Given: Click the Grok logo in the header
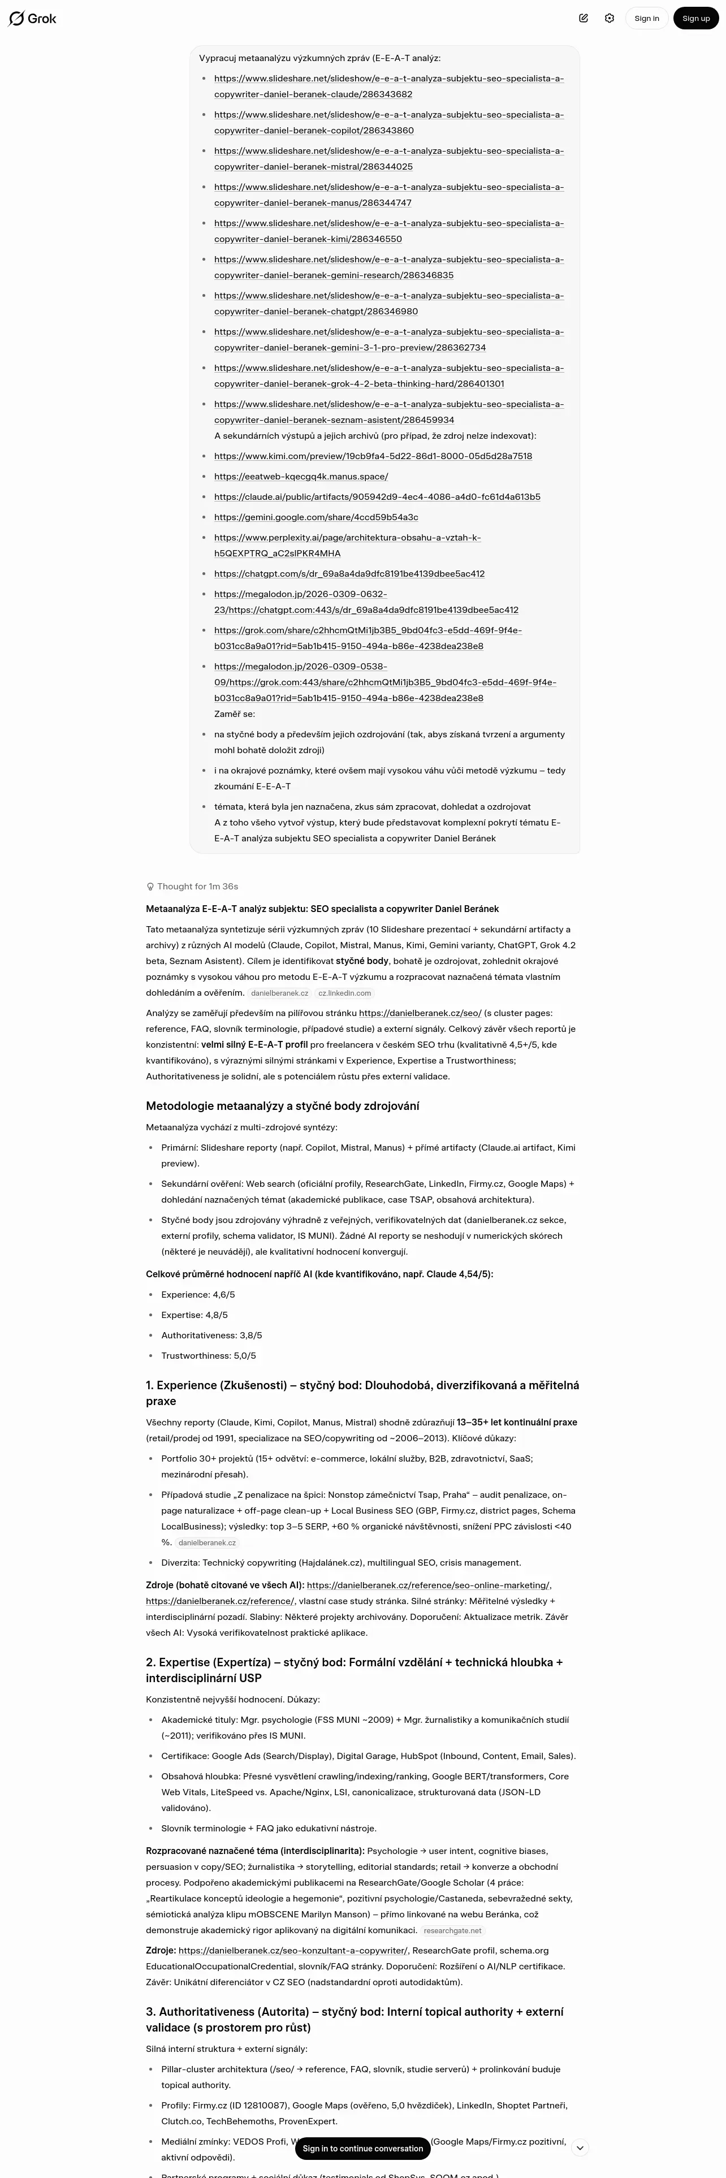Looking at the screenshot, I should [x=32, y=19].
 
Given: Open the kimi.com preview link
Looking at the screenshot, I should [x=373, y=456].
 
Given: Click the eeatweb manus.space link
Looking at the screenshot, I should [x=301, y=476].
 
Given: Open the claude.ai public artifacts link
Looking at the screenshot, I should [x=377, y=496].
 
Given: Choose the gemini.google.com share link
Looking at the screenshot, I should [x=316, y=517].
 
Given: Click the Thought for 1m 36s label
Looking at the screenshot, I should [x=193, y=886].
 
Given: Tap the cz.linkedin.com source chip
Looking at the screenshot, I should [x=344, y=993].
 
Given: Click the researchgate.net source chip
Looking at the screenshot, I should [x=452, y=1930].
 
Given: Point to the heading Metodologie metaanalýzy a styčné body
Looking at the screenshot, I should [x=282, y=1106].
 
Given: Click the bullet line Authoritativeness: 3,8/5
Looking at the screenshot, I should [x=211, y=1335].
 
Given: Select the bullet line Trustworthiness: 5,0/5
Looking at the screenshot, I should [x=208, y=1355].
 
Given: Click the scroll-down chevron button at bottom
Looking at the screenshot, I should [x=580, y=2147].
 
